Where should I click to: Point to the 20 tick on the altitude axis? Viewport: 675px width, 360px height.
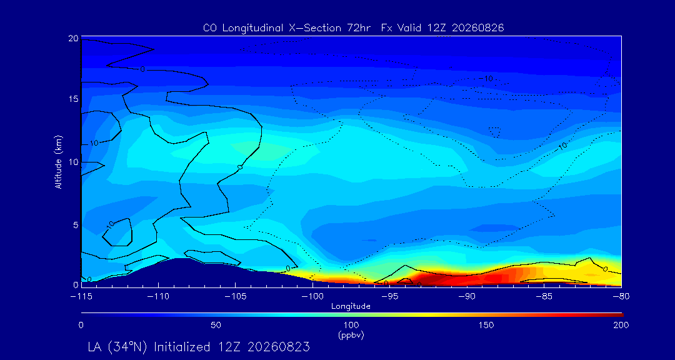pos(73,38)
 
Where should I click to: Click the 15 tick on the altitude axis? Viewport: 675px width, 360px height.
pos(73,99)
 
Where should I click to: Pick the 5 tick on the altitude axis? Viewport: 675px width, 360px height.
pos(76,225)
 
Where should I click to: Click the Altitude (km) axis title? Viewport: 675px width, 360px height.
pos(58,161)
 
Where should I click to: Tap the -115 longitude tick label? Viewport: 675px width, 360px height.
pos(81,297)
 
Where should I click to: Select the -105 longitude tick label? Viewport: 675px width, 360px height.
pos(236,297)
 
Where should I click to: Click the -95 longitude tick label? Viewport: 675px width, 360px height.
pos(390,297)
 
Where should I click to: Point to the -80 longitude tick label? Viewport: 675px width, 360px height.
pos(622,297)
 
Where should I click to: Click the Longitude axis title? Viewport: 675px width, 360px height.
pos(351,307)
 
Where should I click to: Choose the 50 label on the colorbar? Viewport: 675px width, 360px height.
pos(216,325)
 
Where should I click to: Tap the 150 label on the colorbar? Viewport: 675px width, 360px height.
pos(486,325)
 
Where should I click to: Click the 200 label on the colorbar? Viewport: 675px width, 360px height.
pos(621,325)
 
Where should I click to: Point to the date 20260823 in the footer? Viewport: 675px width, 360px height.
pos(276,347)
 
